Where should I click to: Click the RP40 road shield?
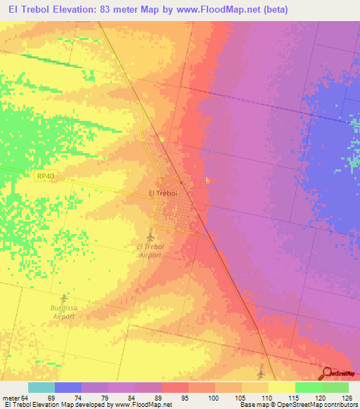click(x=43, y=178)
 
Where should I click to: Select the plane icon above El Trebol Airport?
click(x=150, y=235)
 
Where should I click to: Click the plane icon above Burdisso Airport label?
click(x=65, y=298)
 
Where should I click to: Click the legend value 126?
click(x=347, y=397)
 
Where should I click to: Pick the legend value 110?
click(x=266, y=397)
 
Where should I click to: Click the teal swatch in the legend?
click(x=41, y=387)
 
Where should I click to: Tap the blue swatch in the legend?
click(x=67, y=387)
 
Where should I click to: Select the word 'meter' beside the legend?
click(x=12, y=397)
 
